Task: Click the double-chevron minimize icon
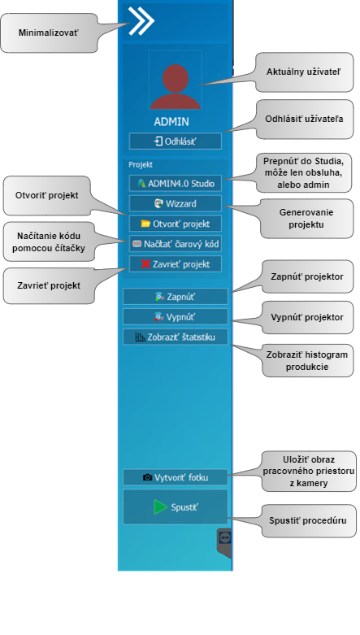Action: (141, 20)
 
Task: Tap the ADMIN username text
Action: (171, 122)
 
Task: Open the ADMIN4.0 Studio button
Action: (176, 184)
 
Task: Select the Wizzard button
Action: (176, 204)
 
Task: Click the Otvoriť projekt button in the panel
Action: (176, 224)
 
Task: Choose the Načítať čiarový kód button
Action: (176, 244)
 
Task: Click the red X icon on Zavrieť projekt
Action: (145, 264)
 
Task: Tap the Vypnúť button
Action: (176, 317)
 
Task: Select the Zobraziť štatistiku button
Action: (176, 337)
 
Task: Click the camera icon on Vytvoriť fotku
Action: (148, 477)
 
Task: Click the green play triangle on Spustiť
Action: (160, 507)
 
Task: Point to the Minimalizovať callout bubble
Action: (49, 33)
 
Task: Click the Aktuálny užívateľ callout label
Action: (304, 72)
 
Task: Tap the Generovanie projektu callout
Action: (306, 218)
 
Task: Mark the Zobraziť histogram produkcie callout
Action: (307, 361)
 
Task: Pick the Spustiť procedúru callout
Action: (308, 520)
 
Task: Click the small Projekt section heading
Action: (141, 165)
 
